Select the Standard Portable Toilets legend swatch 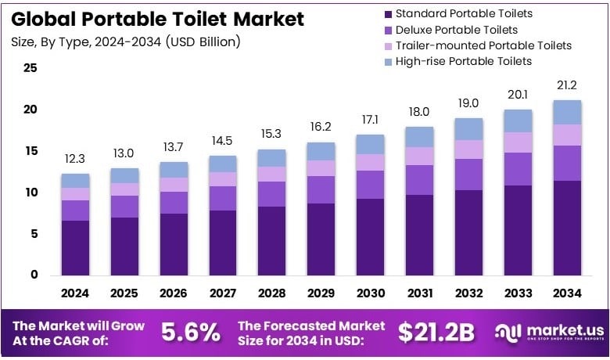386,14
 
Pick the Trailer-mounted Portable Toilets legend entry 477,45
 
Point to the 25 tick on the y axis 30,68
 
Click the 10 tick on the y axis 30,193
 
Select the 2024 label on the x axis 75,293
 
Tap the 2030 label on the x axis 370,293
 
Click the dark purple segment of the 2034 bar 566,227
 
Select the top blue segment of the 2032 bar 468,129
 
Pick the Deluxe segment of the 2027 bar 222,198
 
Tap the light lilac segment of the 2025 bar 124,189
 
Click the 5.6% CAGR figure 190,333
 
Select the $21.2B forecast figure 436,333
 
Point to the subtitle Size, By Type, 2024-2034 126,41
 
